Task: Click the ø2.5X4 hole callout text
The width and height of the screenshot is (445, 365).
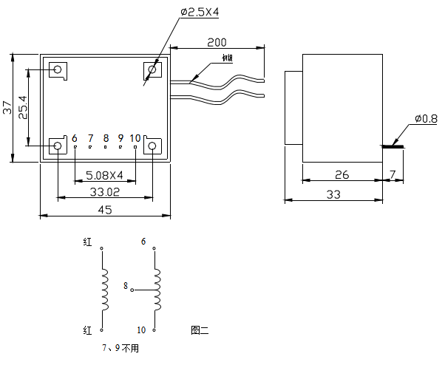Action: click(x=200, y=12)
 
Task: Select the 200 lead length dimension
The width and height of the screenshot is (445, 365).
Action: click(x=217, y=42)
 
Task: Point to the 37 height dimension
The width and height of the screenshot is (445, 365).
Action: click(x=7, y=107)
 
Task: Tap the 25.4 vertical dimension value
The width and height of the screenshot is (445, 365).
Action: click(x=24, y=107)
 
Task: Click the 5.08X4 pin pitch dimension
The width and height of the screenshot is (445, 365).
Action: click(x=104, y=176)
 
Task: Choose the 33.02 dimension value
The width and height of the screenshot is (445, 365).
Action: click(x=104, y=191)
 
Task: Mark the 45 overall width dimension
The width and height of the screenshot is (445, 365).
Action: click(x=104, y=210)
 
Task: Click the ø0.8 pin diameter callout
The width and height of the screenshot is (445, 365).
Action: click(x=427, y=118)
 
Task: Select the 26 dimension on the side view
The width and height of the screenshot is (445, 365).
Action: click(x=342, y=175)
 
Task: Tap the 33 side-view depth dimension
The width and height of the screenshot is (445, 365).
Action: click(x=333, y=194)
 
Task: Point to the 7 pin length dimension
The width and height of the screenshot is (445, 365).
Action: click(x=393, y=175)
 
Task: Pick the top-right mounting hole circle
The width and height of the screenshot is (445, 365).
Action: click(x=152, y=70)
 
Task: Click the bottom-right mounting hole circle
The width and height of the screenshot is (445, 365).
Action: click(x=152, y=146)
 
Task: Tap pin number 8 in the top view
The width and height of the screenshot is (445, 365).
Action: click(x=106, y=138)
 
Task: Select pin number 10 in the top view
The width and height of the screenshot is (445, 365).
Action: click(x=135, y=138)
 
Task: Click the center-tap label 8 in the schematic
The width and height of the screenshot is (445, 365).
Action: click(x=126, y=285)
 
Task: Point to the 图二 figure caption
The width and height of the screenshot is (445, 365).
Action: click(x=200, y=330)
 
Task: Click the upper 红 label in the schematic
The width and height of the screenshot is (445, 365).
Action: click(x=88, y=242)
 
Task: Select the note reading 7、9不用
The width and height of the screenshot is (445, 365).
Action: click(x=120, y=347)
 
